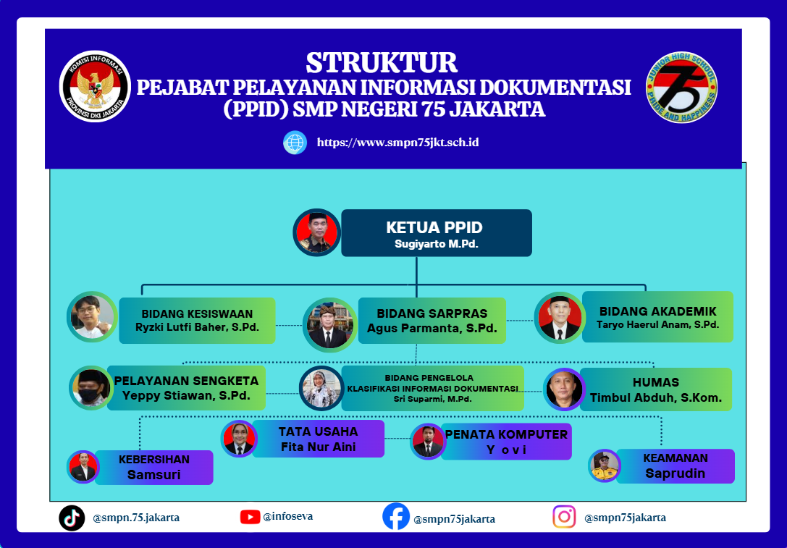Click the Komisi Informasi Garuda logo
95,86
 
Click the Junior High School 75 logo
681,88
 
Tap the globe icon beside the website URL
295,143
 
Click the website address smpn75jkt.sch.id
397,143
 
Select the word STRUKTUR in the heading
382,63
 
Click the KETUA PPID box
436,233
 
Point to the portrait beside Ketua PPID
316,232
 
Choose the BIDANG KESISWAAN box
197,320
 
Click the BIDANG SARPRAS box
432,320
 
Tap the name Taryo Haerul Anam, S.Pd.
657,325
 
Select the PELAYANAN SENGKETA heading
186,381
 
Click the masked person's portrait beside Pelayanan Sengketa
91,388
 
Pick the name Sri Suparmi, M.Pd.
432,399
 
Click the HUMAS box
655,389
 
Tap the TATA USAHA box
319,439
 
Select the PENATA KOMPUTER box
506,442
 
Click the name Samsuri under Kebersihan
153,475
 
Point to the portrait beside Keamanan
605,465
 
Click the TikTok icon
72,518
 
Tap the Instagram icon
564,517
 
